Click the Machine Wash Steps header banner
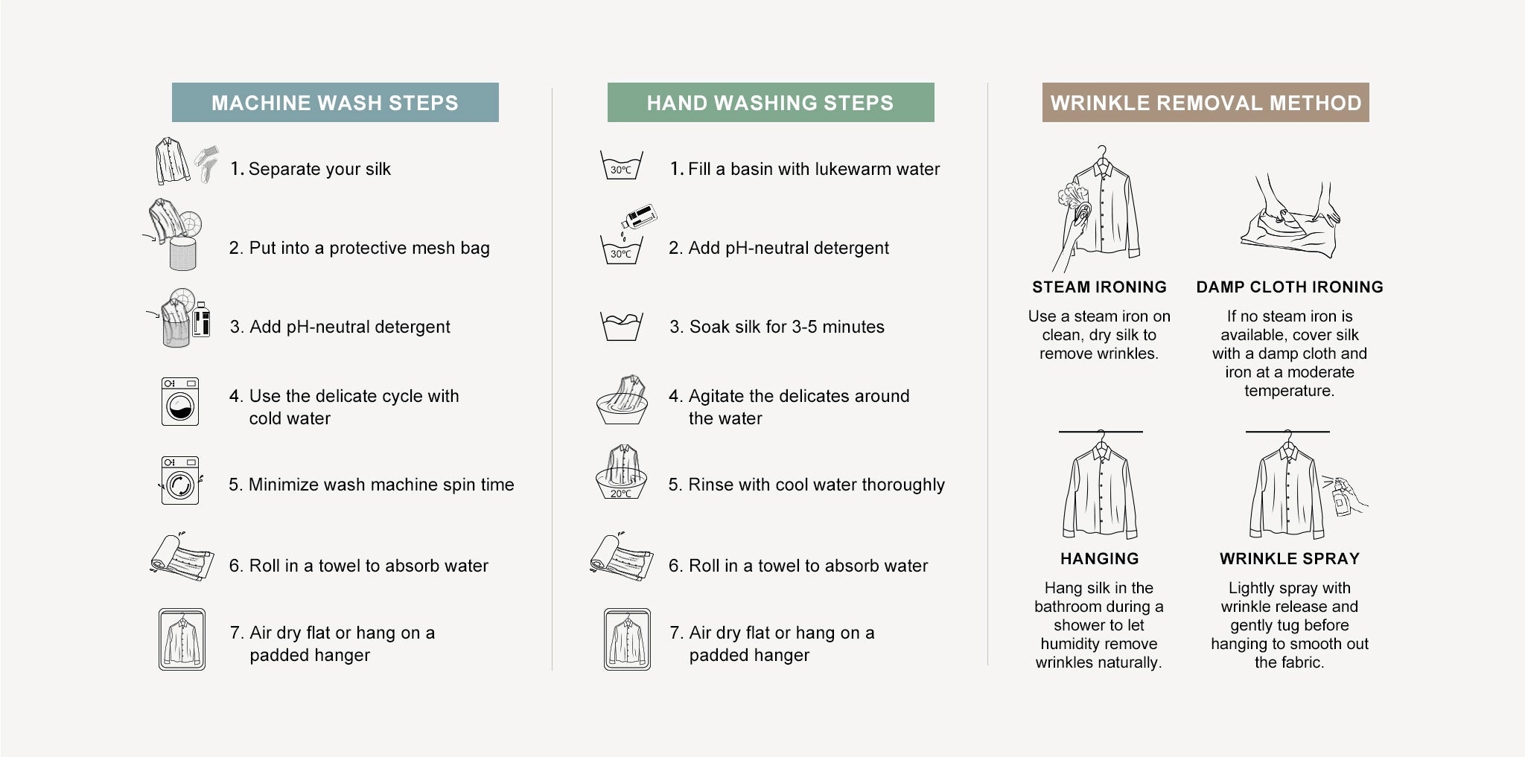point(335,103)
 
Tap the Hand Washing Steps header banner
point(771,103)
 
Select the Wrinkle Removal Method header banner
point(1206,103)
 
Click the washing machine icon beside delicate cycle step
point(180,402)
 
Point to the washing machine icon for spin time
point(180,481)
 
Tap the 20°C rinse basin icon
point(621,473)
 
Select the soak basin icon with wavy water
point(621,327)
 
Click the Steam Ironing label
point(1099,287)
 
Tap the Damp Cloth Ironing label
point(1290,287)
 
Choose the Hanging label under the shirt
point(1099,559)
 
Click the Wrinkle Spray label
point(1290,559)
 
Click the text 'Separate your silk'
point(319,169)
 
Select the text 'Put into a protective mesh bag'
point(369,248)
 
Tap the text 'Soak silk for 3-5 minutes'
point(787,327)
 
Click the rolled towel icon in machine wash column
point(182,555)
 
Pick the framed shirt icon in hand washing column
point(627,639)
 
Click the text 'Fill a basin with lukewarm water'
point(814,169)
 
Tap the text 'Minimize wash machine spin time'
point(381,485)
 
